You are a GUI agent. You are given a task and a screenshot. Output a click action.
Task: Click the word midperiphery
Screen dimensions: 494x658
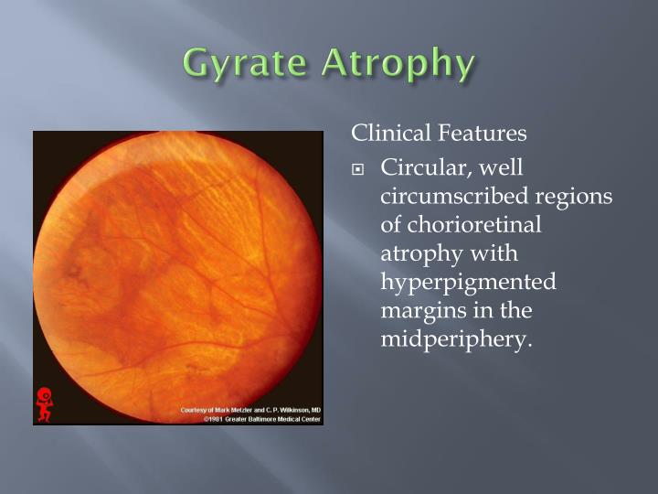click(454, 339)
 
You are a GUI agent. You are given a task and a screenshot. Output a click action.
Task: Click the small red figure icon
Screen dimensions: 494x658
click(43, 403)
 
